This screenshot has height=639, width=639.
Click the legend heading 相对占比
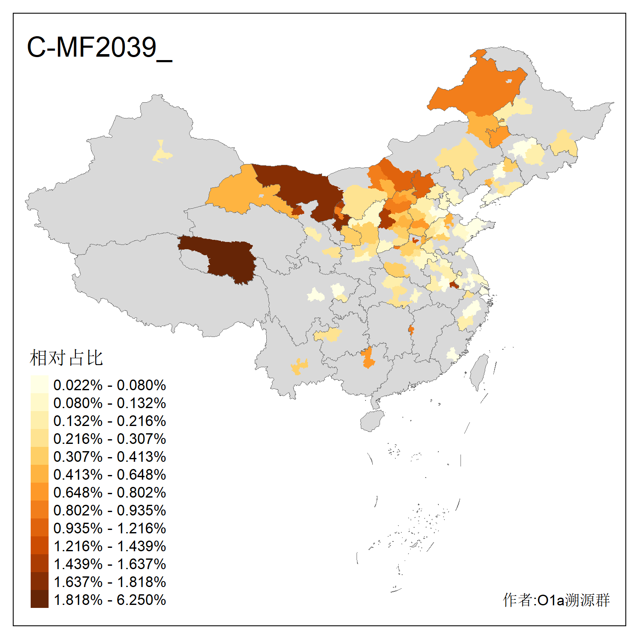[66, 358]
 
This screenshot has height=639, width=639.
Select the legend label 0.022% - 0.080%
[109, 385]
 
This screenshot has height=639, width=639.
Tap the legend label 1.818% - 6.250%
[109, 600]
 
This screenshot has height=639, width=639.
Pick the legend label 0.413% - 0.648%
[109, 475]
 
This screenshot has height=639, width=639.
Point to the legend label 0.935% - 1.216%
[109, 528]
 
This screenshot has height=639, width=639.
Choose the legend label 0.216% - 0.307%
[109, 439]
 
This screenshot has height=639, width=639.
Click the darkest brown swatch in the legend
[39, 599]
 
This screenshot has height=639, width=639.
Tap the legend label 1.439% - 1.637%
[109, 564]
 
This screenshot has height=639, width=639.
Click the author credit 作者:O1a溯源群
[556, 600]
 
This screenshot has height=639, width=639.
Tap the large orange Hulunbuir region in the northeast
[477, 89]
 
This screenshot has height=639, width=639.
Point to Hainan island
[372, 421]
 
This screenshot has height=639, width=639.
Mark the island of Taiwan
[481, 371]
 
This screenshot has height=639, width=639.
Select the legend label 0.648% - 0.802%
[109, 492]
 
